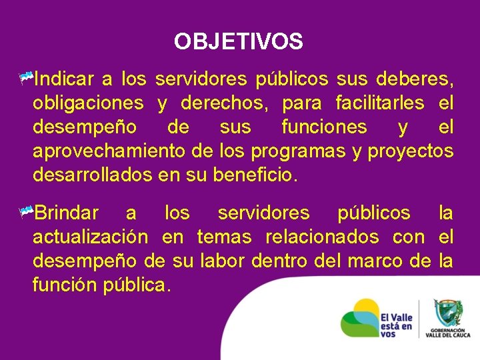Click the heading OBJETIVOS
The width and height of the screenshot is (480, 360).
[239, 42]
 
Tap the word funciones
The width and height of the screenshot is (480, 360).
[324, 127]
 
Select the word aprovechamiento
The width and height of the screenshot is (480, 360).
[109, 151]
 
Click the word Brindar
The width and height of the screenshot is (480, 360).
[66, 213]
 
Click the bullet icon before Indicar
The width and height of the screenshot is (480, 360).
[26, 79]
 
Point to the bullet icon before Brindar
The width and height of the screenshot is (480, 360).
[26, 213]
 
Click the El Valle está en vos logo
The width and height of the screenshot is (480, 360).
[376, 319]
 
